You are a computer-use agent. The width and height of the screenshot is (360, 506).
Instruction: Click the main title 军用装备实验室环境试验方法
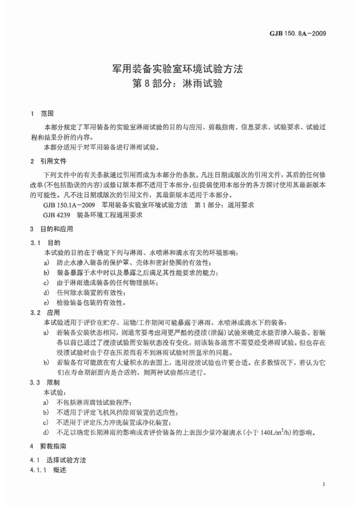point(179,69)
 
